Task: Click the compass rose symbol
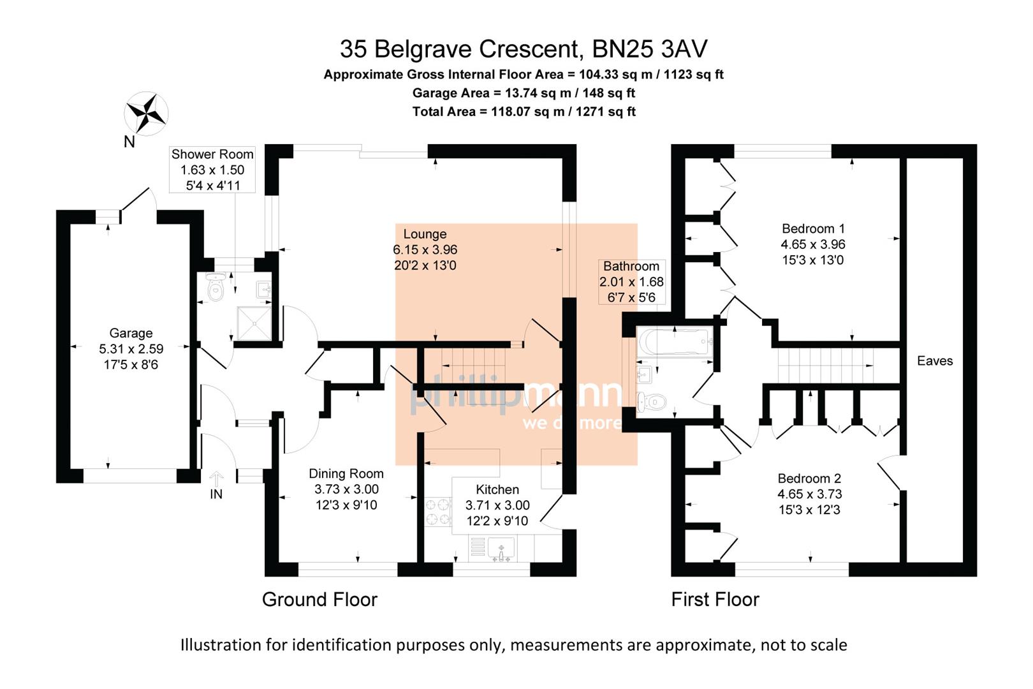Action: click(x=146, y=114)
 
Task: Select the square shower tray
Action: click(x=253, y=323)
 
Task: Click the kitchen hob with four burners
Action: click(x=437, y=512)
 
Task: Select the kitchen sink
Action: click(x=501, y=549)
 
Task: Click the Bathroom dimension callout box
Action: click(x=631, y=281)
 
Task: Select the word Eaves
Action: click(x=934, y=361)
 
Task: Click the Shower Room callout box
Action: click(x=212, y=170)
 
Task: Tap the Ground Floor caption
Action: click(x=319, y=599)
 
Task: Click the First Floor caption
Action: click(x=715, y=599)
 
